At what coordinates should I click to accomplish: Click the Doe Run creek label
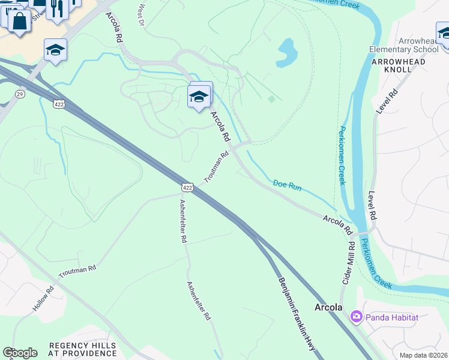287,185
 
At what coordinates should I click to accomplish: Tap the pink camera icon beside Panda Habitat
356,316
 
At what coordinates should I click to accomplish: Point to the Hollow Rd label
43,298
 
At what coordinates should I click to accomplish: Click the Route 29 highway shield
20,95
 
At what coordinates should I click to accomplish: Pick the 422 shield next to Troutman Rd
187,188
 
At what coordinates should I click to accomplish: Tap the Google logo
20,353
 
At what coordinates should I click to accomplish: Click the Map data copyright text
424,355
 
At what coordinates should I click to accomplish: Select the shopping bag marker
19,22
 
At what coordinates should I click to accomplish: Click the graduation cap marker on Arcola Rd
199,96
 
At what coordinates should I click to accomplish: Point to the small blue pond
286,53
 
